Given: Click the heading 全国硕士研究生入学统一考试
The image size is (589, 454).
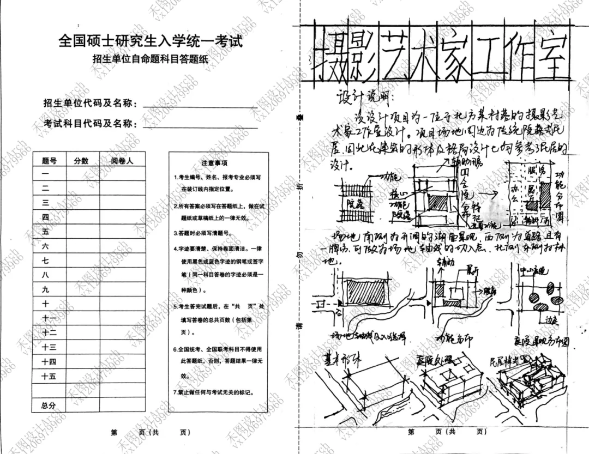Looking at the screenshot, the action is point(150,41).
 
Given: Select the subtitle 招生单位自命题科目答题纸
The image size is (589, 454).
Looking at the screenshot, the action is point(150,60).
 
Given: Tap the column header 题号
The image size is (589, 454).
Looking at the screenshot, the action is point(49,161).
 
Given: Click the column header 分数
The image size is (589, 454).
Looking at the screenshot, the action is point(81,161).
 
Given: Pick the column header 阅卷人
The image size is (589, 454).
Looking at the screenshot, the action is point(122,161).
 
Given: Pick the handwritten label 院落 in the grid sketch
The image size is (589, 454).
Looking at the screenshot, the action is point(347,204).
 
